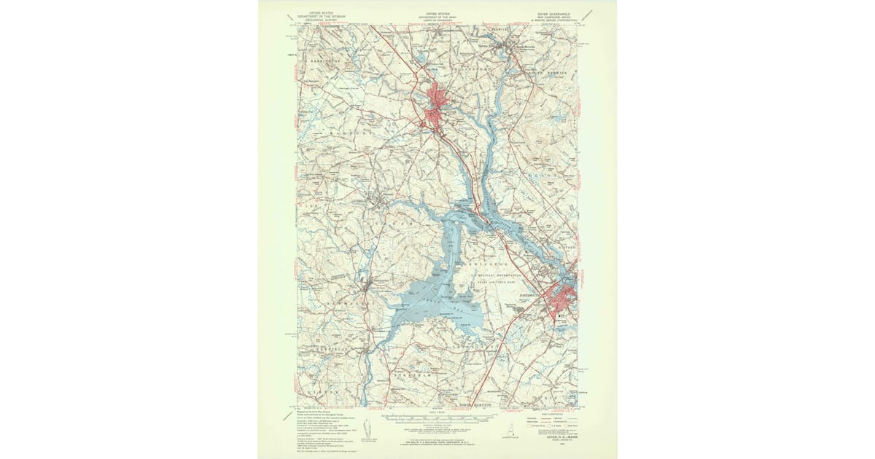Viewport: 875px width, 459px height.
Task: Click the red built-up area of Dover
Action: click(x=437, y=106)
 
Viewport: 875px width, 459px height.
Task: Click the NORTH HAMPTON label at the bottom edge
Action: click(x=478, y=404)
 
